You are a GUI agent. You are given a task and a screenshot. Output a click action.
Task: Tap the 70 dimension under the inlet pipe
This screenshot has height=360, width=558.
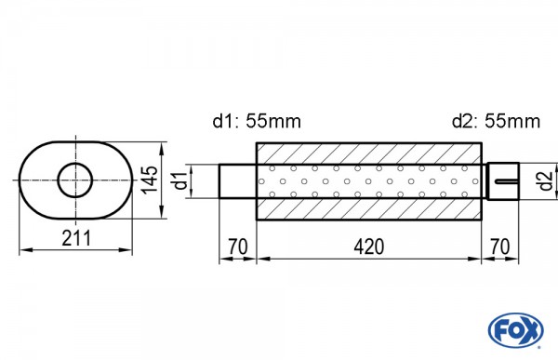[237, 247]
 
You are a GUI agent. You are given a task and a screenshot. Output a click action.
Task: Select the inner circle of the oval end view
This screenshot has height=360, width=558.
[75, 180]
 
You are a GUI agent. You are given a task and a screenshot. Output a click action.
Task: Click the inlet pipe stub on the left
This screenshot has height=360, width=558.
[237, 180]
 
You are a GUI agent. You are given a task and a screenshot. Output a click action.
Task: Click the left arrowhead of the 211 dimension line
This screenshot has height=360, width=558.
[22, 249]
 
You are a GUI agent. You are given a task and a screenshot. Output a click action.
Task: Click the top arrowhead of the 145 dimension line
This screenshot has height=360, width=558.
[165, 145]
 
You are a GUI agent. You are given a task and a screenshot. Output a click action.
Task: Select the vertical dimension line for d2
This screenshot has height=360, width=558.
[531, 180]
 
